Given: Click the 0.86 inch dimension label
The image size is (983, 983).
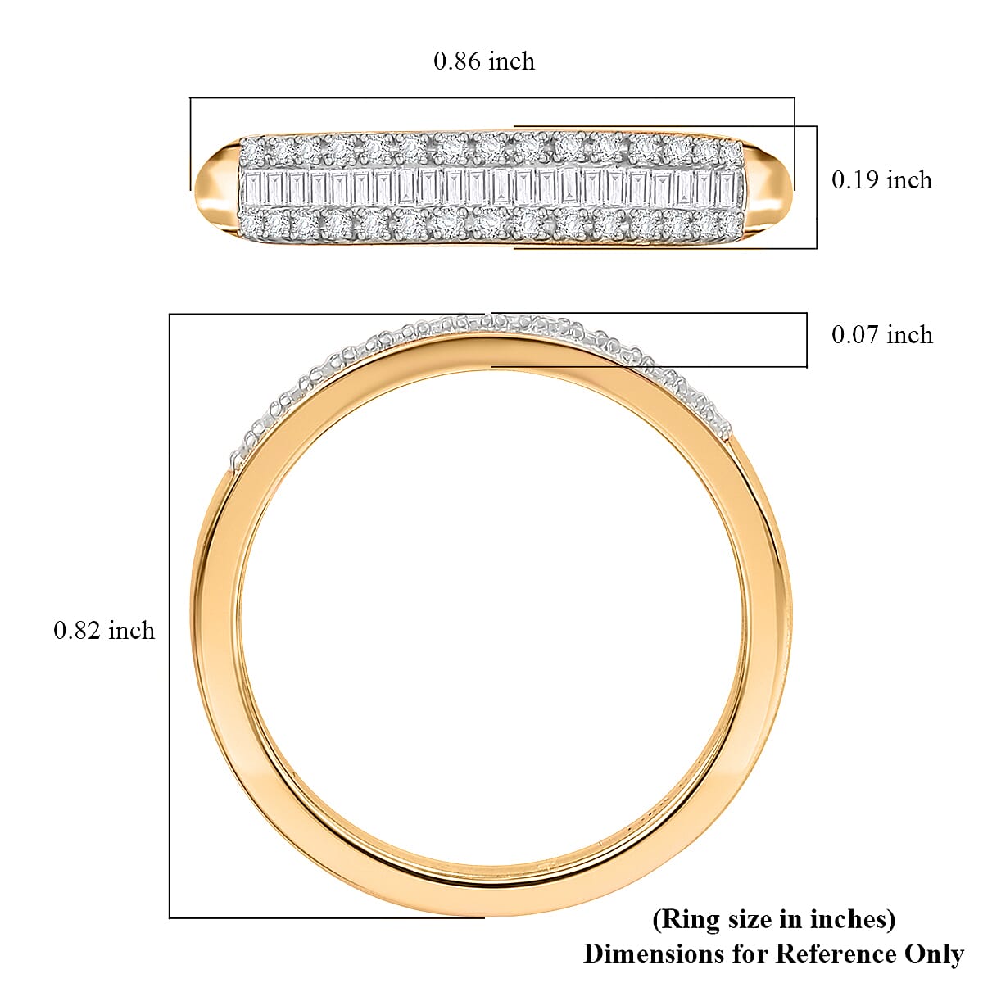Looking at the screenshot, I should [483, 61].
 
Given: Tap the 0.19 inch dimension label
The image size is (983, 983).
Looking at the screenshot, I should [881, 180].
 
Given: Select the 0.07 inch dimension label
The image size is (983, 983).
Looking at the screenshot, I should [881, 334].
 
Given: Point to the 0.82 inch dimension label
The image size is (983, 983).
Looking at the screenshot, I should [104, 630].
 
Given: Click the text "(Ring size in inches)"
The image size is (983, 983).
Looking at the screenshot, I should [773, 919].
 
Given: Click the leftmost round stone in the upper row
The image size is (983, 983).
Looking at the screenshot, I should [253, 152].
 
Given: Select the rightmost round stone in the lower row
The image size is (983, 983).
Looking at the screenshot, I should [728, 223].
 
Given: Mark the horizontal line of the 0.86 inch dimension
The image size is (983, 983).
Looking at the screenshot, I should [491, 98].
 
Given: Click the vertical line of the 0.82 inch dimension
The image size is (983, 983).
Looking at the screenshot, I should [170, 614].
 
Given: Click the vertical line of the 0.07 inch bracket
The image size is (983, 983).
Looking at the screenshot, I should [806, 339].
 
